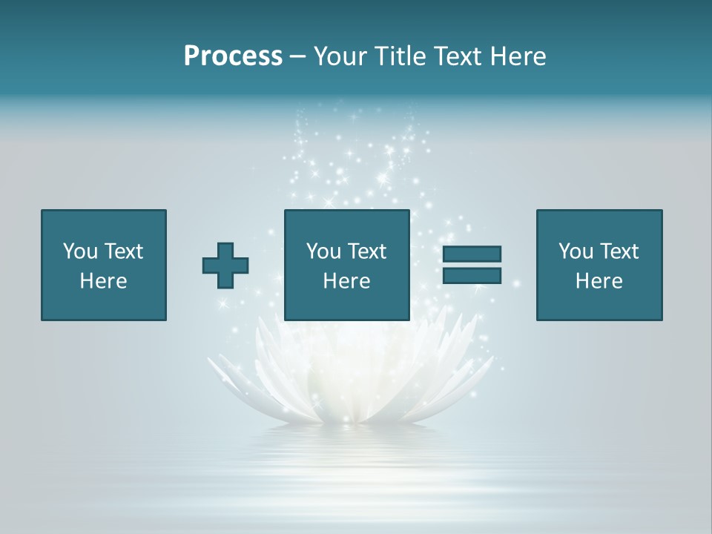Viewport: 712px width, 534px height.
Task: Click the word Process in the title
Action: pyautogui.click(x=233, y=56)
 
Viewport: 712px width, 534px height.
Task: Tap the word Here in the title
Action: pyautogui.click(x=517, y=56)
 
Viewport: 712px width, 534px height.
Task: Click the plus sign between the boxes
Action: pyautogui.click(x=225, y=266)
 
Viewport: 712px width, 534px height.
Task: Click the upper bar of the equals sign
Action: pyautogui.click(x=472, y=254)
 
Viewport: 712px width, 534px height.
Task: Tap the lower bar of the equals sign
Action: pyautogui.click(x=472, y=276)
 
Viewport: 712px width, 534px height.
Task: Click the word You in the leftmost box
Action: pyautogui.click(x=80, y=251)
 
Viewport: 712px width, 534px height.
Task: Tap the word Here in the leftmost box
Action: pyautogui.click(x=104, y=281)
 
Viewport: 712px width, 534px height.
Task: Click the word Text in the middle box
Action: pyautogui.click(x=367, y=251)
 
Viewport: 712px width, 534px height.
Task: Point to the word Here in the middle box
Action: pyautogui.click(x=347, y=281)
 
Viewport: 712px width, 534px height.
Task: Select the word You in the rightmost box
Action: pyautogui.click(x=576, y=251)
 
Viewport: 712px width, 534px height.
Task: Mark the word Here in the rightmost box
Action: pyautogui.click(x=599, y=281)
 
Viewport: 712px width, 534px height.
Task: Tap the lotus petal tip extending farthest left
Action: pyautogui.click(x=209, y=360)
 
